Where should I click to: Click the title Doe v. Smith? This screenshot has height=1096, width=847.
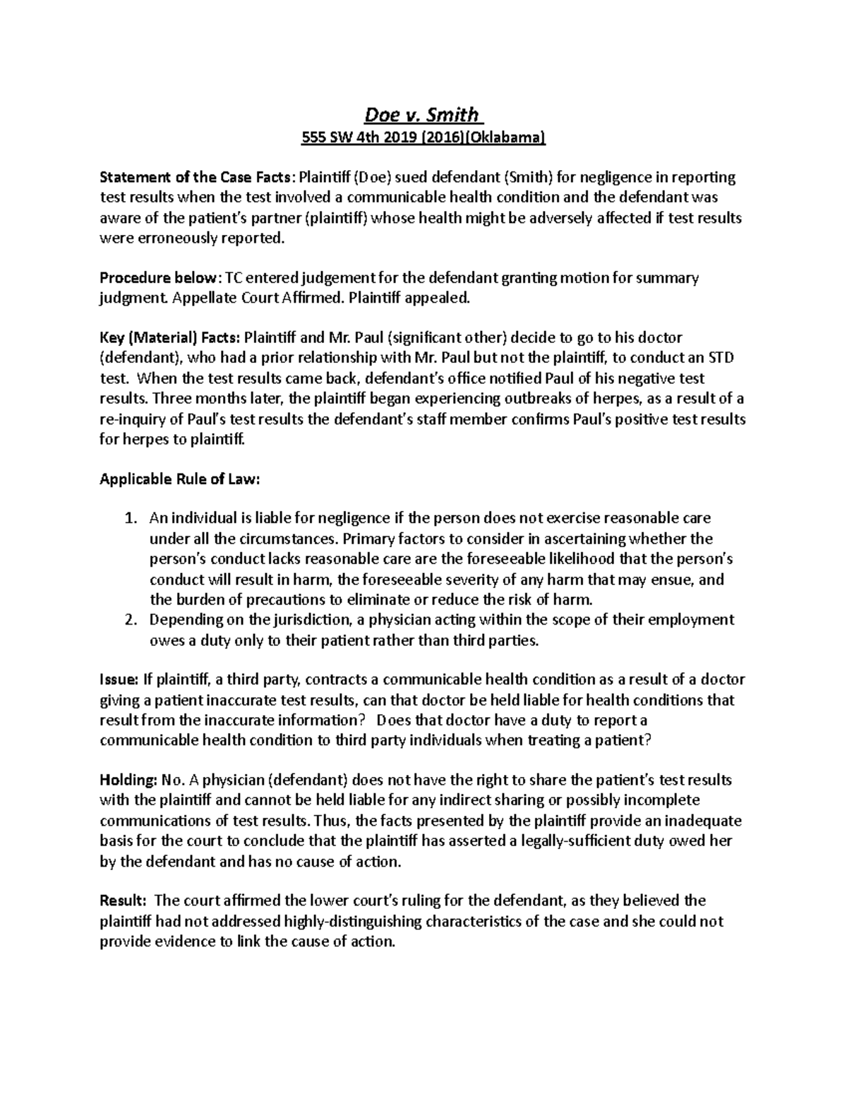pos(421,114)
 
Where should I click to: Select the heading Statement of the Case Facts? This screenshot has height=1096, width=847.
pos(196,177)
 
